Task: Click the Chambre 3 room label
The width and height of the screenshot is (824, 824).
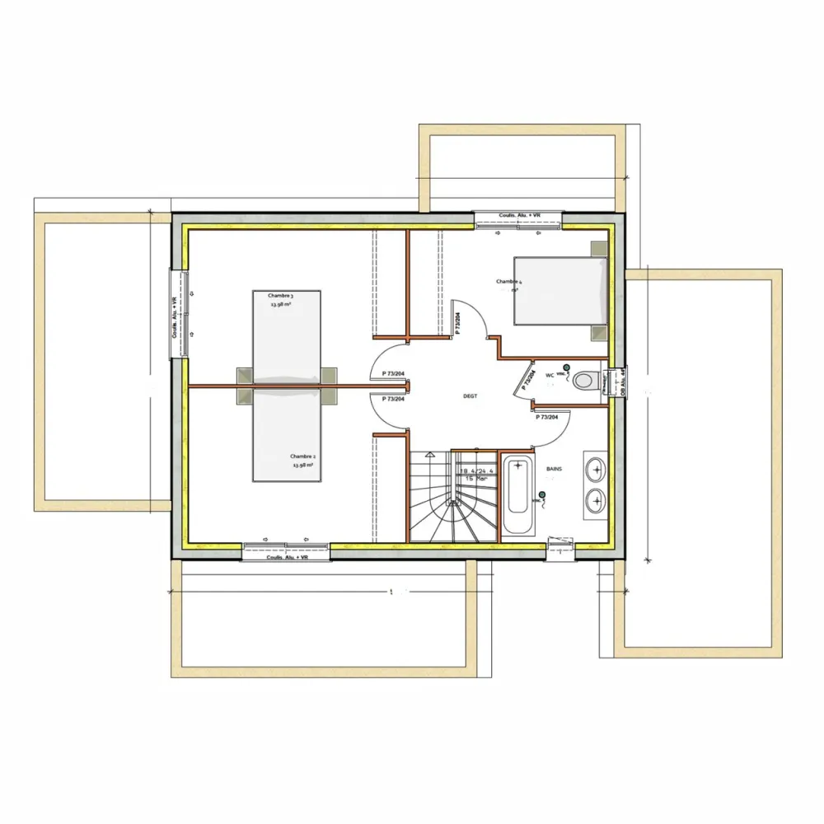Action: (x=280, y=295)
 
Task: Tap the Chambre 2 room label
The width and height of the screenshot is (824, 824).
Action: (x=302, y=456)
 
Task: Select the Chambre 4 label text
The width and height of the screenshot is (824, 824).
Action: (x=508, y=282)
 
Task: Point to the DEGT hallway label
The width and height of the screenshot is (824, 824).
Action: (x=471, y=396)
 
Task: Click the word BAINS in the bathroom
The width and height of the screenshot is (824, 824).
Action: (x=554, y=469)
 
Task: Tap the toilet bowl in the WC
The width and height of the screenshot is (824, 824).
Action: (x=585, y=382)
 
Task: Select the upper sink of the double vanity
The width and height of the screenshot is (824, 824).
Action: (x=594, y=470)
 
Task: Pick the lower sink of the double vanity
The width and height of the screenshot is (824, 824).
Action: (x=594, y=499)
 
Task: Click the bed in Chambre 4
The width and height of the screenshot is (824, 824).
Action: (x=560, y=290)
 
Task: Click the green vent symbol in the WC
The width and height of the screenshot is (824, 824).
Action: (x=566, y=367)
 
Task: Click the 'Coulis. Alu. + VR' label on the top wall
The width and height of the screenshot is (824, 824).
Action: (x=519, y=216)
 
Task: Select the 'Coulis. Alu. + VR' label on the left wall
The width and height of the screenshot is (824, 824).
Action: (x=175, y=317)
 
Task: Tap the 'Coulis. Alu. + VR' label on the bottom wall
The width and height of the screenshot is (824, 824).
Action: (x=287, y=558)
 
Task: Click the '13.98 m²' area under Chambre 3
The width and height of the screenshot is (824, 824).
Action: (x=280, y=304)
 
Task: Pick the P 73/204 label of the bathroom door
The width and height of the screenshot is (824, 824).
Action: (x=547, y=417)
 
